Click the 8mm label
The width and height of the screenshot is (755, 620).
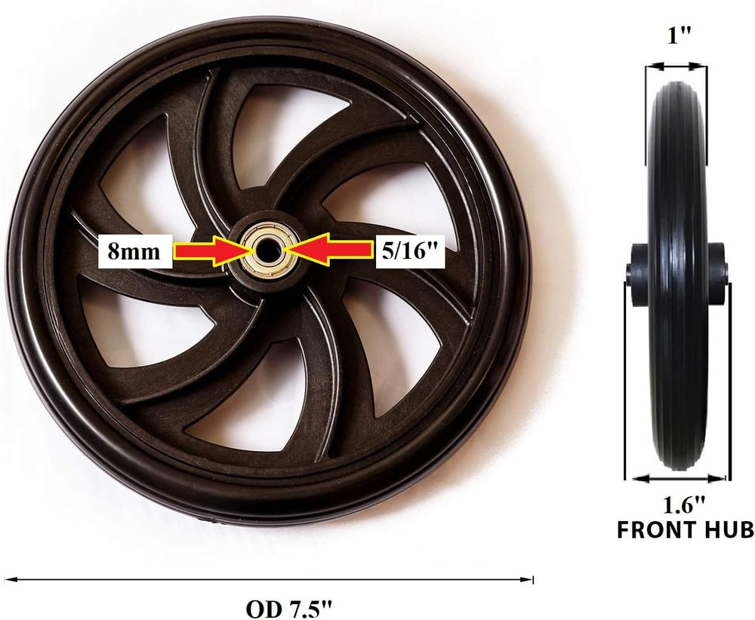(134, 250)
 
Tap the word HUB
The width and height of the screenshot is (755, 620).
(726, 529)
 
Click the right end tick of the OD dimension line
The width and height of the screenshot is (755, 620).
(533, 580)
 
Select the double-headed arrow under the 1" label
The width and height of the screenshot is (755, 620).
(676, 66)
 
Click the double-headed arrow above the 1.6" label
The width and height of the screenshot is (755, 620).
(676, 477)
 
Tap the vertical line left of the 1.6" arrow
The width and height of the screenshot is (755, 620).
(625, 377)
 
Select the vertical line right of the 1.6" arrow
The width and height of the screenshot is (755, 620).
(729, 377)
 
